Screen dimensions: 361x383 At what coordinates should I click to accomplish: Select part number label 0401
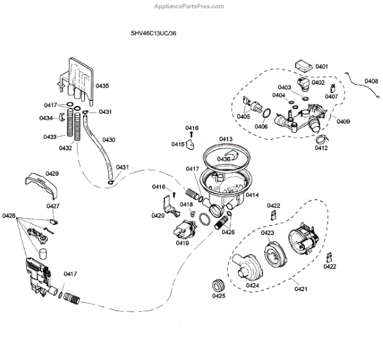pos(322,67)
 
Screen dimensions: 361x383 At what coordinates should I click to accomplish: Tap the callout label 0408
pos(372,81)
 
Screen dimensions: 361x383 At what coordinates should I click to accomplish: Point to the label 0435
pos(102,85)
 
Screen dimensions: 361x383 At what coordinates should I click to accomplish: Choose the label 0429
pos(52,173)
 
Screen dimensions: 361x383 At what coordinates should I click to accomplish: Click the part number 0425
pos(218,295)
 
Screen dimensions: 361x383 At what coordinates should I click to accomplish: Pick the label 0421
pos(300,290)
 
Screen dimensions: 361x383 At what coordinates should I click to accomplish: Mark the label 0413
pos(226,138)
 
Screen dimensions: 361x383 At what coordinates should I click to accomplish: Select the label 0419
pos(183,243)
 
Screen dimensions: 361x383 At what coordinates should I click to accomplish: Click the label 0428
pos(9,217)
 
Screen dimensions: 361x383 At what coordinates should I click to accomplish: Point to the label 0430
pos(109,139)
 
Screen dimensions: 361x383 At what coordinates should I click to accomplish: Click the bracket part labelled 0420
pos(167,205)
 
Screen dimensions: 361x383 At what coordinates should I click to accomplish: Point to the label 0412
pos(320,148)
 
